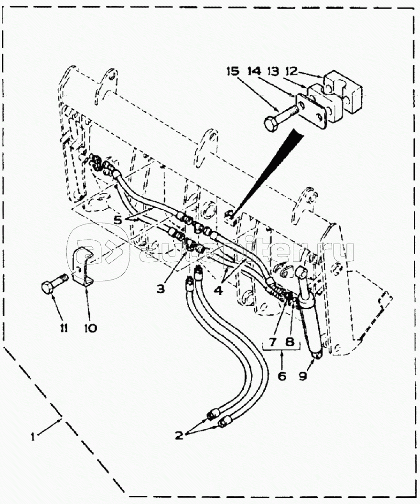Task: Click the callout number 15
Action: click(233, 71)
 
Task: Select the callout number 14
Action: click(254, 71)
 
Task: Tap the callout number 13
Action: click(273, 71)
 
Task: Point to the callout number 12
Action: click(291, 71)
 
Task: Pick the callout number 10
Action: click(90, 328)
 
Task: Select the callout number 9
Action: click(303, 375)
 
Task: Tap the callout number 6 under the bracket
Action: click(282, 376)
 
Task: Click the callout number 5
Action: click(118, 220)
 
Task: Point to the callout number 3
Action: click(161, 289)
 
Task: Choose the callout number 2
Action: click(179, 436)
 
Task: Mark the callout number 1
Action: click(33, 437)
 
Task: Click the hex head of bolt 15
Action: click(271, 123)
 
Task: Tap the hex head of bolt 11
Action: click(49, 287)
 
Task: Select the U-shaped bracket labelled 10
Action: click(83, 266)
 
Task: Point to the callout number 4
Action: click(218, 290)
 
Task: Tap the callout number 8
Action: click(290, 342)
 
